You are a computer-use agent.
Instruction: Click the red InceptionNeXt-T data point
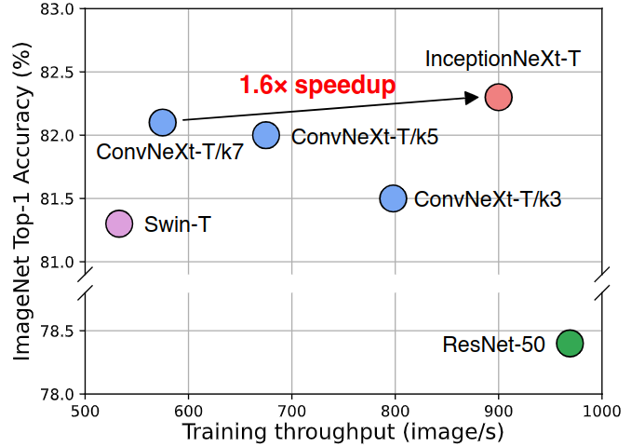coord(499,97)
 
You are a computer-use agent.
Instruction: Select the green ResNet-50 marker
coord(570,343)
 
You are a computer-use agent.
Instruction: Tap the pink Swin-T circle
coord(119,223)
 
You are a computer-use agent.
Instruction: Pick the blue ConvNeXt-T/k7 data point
coord(163,122)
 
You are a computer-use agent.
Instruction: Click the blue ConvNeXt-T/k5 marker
coord(266,135)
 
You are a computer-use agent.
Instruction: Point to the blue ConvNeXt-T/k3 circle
coord(394,198)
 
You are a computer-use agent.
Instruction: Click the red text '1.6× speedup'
coord(317,86)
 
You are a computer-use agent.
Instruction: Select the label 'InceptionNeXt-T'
coord(503,59)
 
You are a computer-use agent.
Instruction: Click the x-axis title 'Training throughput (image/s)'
coord(342,432)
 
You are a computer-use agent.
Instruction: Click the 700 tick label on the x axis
coord(292,410)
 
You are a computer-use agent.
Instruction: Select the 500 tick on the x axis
coord(86,410)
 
